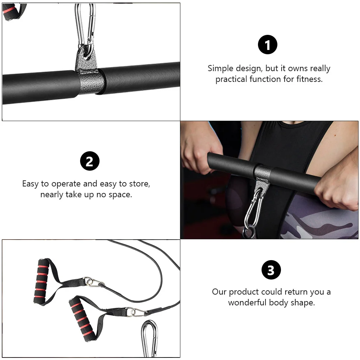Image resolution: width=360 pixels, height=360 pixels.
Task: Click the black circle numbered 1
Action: tap(268, 45)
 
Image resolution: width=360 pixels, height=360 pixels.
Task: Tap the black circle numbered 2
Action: tap(89, 161)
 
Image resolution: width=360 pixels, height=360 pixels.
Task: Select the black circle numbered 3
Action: tap(271, 270)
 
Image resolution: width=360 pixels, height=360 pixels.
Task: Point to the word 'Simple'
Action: tap(220, 68)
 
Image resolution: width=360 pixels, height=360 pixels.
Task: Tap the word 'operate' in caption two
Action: tap(66, 184)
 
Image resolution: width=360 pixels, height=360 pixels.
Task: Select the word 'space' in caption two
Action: tap(120, 195)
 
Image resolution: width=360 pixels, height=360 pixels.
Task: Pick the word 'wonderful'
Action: tap(248, 302)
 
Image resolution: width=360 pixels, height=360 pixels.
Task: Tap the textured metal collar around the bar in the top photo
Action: tap(90, 81)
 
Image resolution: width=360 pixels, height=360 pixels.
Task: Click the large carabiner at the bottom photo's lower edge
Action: tap(149, 338)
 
